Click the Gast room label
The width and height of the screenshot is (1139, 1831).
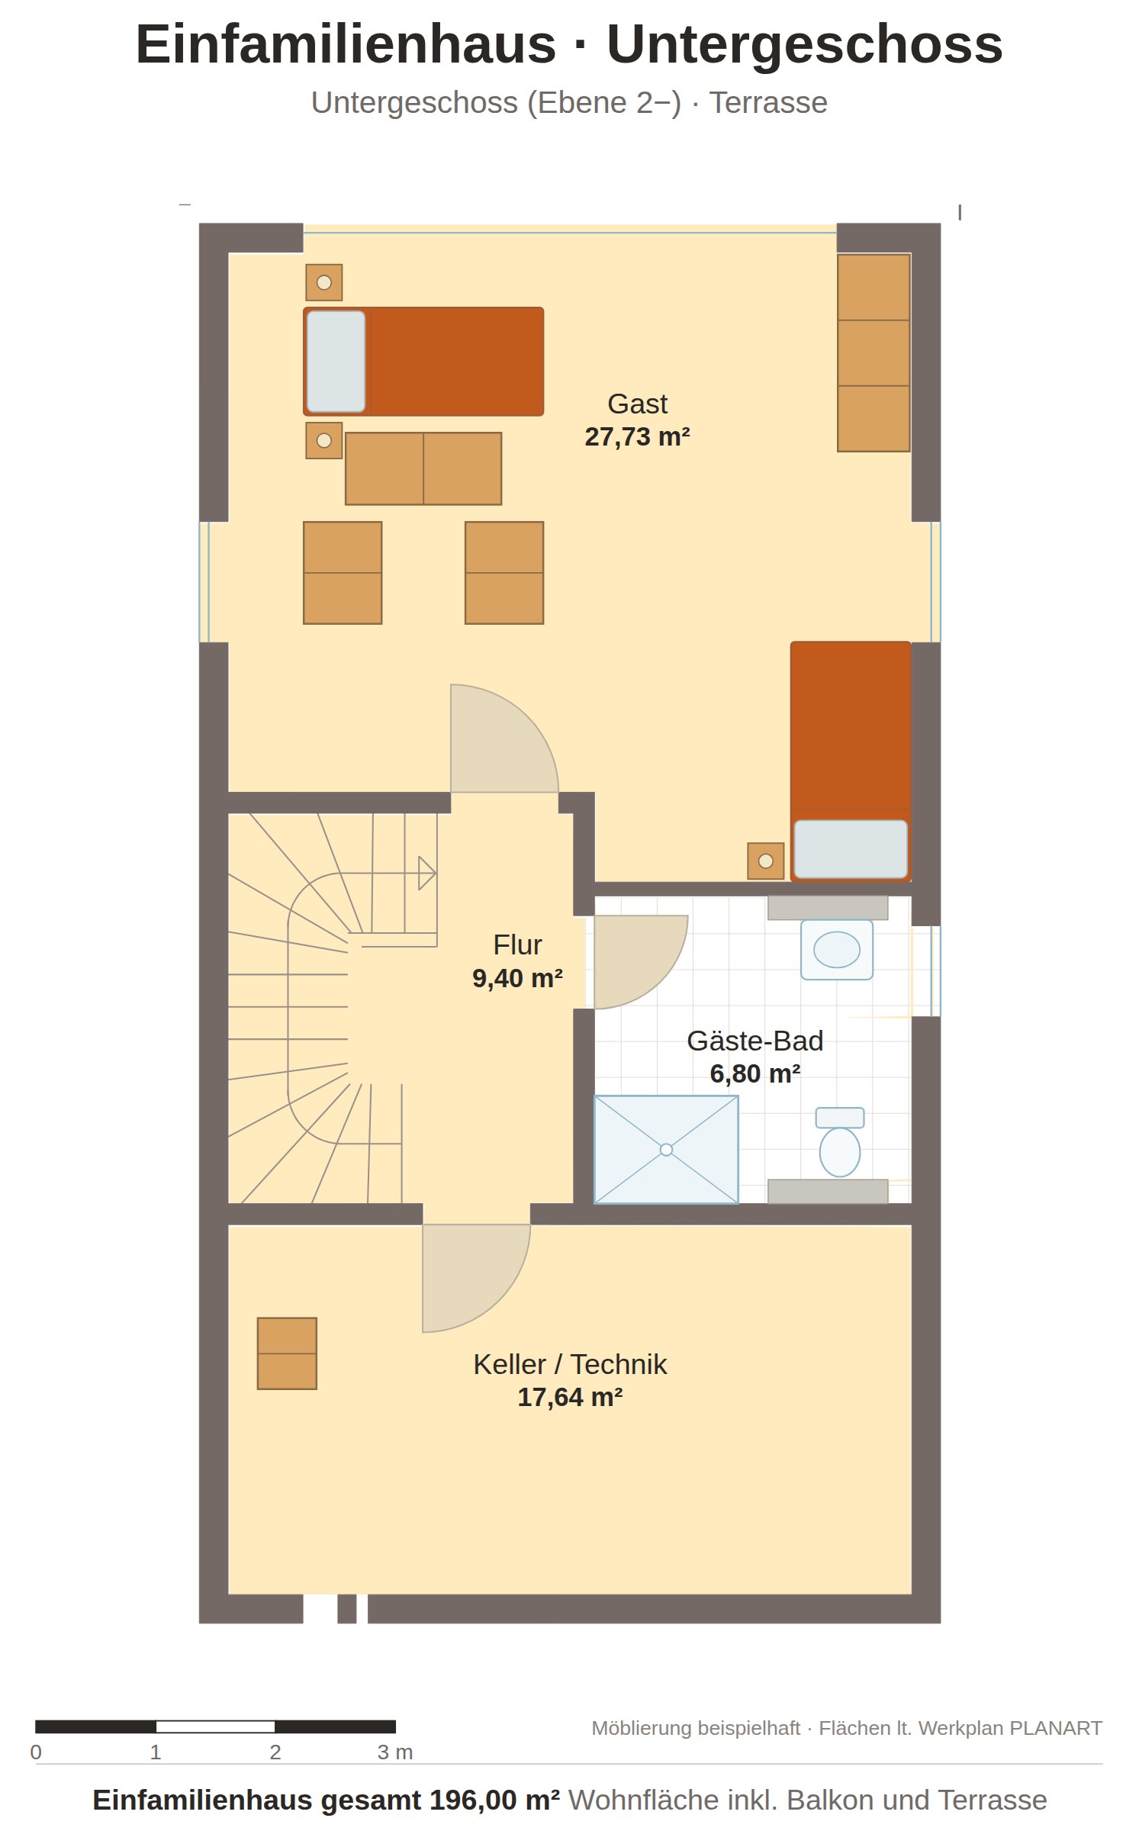[637, 404]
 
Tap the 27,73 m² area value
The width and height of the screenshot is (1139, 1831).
[637, 436]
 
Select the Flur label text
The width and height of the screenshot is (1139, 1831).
[517, 944]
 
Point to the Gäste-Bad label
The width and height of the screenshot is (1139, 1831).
[755, 1041]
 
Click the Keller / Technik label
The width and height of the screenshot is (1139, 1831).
[570, 1364]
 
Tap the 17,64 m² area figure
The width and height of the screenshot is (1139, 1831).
[570, 1397]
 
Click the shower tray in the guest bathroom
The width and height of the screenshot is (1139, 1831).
[666, 1150]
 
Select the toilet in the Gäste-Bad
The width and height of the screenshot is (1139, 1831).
[839, 1142]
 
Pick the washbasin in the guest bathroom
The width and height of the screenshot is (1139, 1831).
[836, 950]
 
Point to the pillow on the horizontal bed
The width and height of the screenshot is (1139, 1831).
[336, 362]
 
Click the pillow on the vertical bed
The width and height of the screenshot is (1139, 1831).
[851, 848]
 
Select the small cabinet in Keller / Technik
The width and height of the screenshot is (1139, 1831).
[287, 1353]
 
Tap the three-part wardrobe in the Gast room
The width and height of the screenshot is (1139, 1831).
[874, 352]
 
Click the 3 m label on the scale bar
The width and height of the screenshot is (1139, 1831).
[394, 1752]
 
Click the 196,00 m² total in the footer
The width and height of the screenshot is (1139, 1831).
[494, 1800]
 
